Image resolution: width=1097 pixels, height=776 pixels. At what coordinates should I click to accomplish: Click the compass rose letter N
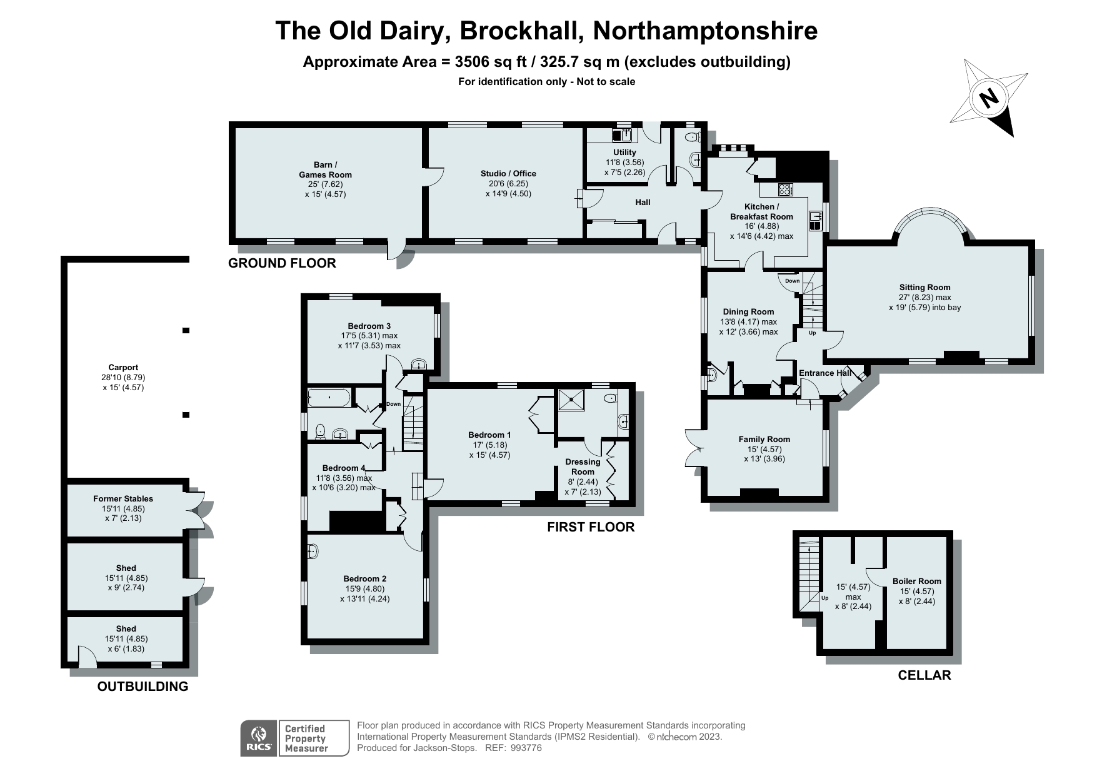click(988, 98)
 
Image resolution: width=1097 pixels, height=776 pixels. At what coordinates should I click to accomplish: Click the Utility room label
click(624, 153)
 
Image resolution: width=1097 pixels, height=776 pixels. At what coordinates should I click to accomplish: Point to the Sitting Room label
click(924, 288)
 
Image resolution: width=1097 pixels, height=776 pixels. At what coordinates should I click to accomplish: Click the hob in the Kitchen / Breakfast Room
click(785, 189)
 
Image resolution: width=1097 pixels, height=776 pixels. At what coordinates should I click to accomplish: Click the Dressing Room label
click(583, 466)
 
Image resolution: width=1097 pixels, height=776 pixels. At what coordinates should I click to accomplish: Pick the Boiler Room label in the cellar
click(916, 581)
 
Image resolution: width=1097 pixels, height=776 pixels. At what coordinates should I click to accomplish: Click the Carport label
click(123, 368)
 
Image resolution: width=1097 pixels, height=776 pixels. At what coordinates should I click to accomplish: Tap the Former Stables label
click(123, 498)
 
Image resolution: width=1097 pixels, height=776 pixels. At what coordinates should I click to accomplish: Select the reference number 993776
click(526, 748)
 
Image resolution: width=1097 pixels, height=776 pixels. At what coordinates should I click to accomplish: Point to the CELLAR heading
click(924, 675)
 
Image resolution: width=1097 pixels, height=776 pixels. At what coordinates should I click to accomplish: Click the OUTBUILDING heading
click(143, 687)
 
